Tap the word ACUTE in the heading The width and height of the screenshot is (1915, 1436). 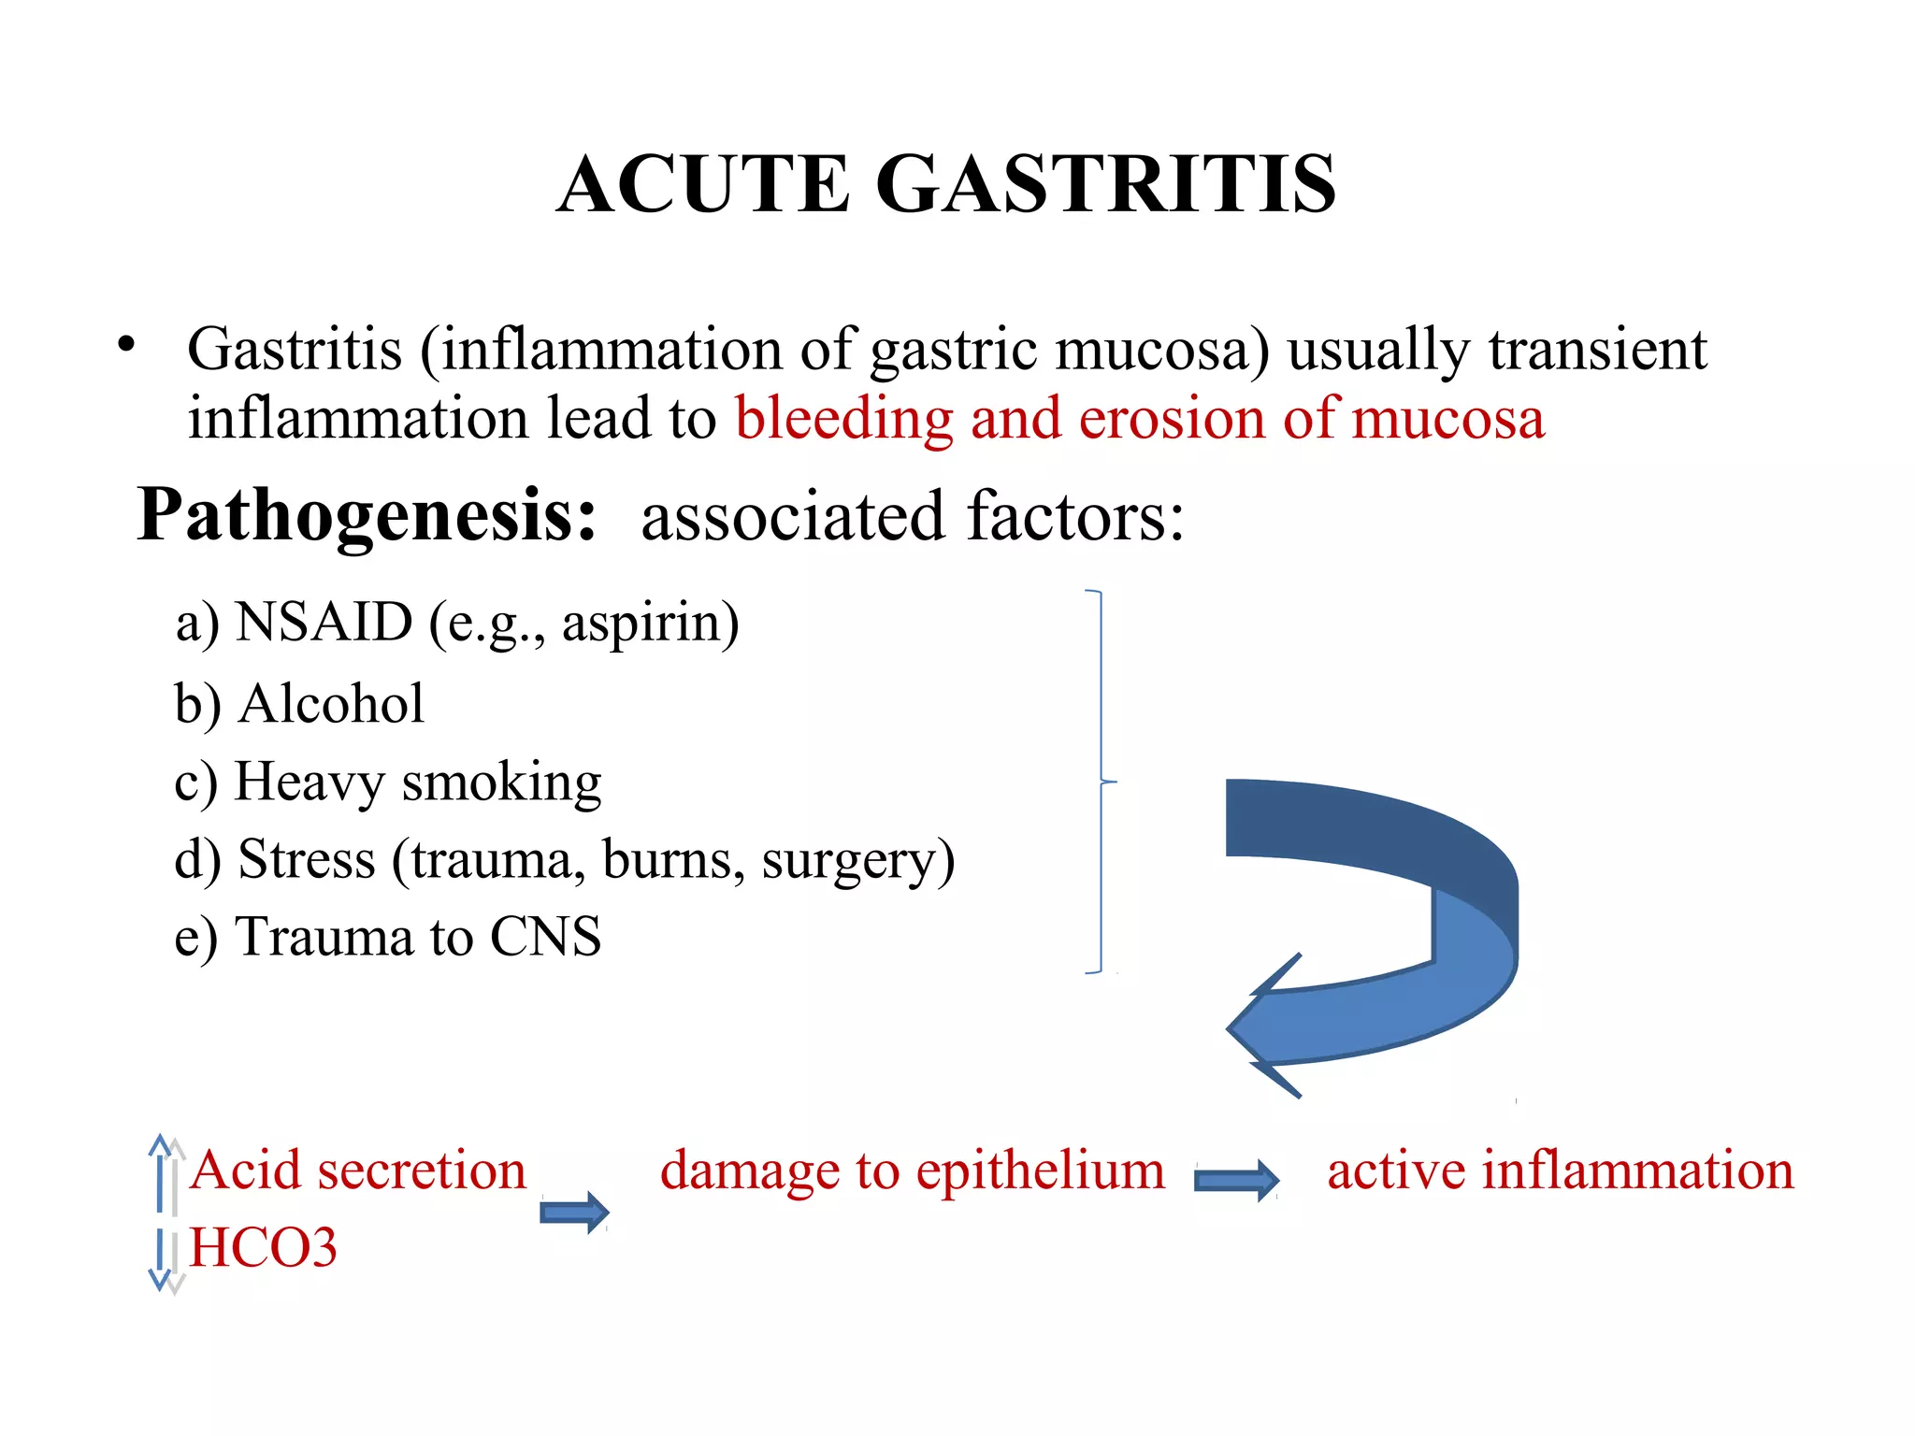point(703,184)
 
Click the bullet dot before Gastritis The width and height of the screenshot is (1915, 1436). point(126,345)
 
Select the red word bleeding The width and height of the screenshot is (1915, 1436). point(843,418)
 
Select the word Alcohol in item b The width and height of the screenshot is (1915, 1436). point(331,703)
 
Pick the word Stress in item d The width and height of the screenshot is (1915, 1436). point(307,859)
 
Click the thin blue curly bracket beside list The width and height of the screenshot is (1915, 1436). point(1101,782)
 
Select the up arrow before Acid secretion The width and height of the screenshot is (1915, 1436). point(161,1172)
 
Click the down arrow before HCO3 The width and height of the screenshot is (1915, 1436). point(161,1257)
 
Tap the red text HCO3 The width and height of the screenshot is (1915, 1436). point(263,1248)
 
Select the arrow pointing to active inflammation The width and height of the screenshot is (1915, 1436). point(1236,1180)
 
